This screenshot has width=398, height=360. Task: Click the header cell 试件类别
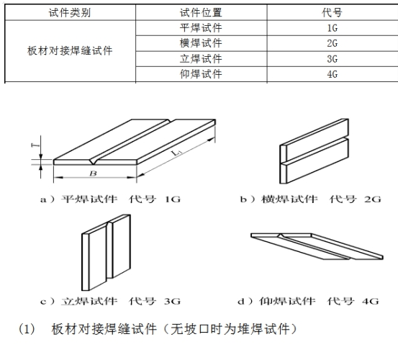[70, 12]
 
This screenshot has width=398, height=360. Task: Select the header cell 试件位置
[201, 12]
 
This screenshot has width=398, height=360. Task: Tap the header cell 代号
[332, 12]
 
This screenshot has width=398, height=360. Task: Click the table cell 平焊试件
[201, 28]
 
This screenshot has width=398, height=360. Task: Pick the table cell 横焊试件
[201, 43]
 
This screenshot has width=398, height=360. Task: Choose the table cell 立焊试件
[201, 58]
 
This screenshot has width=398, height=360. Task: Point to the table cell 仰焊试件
[201, 74]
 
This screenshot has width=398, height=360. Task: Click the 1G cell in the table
[333, 28]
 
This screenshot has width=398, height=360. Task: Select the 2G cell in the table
[333, 43]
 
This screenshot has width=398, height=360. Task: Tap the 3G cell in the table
[333, 59]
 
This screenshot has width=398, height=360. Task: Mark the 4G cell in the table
[333, 74]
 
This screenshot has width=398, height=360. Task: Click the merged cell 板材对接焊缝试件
[70, 51]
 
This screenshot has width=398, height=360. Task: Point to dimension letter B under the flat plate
[93, 174]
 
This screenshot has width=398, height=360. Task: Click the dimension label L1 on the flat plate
[176, 153]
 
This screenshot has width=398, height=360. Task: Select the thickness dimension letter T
[35, 145]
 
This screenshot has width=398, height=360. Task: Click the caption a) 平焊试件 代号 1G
[110, 199]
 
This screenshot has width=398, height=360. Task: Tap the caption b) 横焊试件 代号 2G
[311, 199]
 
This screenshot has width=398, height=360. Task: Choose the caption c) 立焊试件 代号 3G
[110, 302]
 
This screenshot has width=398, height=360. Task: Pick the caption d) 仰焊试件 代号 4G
[308, 302]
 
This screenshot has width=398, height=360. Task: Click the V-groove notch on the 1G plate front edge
[94, 162]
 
